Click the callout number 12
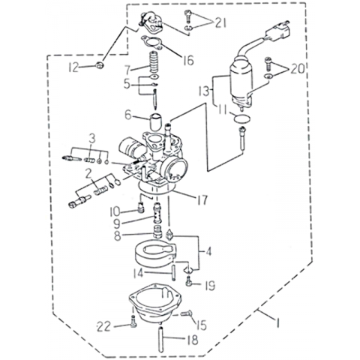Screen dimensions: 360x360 74,67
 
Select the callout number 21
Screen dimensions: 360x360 220,23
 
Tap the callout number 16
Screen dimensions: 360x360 188,60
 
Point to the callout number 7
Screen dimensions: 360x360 127,70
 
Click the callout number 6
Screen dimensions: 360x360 128,115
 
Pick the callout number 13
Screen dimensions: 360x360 205,91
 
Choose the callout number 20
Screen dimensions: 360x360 297,68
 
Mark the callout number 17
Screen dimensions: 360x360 202,200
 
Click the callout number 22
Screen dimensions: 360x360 104,326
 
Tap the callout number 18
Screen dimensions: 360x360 193,340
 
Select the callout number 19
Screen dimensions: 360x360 209,286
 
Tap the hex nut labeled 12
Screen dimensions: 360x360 100,66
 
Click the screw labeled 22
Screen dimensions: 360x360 133,321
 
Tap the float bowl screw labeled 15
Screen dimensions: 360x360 186,313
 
